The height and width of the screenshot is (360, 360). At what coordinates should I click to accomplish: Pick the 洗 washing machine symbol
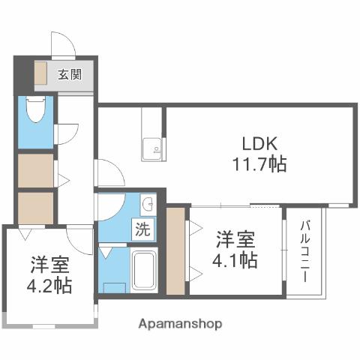pyautogui.click(x=142, y=229)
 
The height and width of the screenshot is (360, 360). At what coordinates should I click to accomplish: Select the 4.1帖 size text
pyautogui.click(x=236, y=261)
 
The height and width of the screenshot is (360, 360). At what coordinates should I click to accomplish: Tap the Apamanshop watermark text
pyautogui.click(x=180, y=324)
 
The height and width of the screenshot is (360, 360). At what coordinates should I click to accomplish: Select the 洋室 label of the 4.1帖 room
pyautogui.click(x=236, y=240)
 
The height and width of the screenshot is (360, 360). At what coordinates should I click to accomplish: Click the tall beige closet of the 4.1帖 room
pyautogui.click(x=175, y=253)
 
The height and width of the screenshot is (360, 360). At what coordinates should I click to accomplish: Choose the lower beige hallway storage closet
pyautogui.click(x=34, y=208)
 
